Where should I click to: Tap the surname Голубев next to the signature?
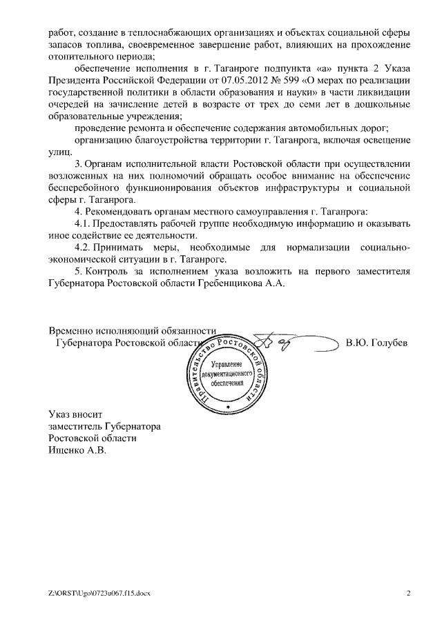click(376, 343)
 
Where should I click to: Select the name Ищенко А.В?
click(78, 450)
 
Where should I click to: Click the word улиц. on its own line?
click(60, 152)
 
